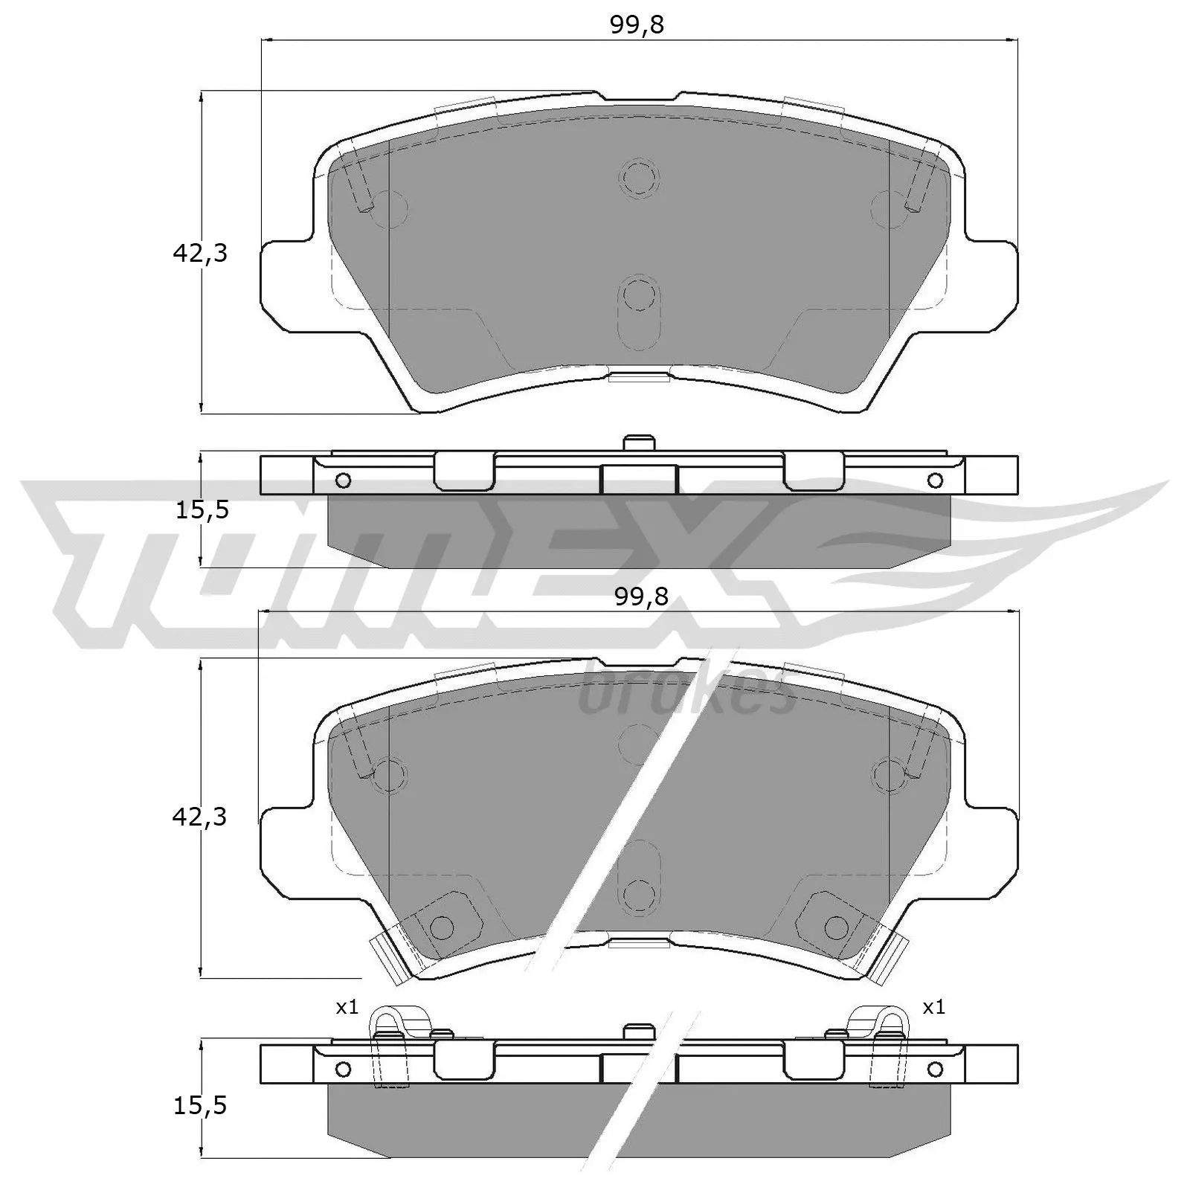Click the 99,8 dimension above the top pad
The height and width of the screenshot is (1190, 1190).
coord(637,25)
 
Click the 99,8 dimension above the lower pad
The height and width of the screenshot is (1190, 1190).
coord(642,596)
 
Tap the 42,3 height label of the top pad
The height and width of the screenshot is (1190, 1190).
coord(199,254)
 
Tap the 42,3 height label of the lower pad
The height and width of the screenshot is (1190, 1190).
coord(199,817)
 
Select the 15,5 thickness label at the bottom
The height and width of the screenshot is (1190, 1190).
coord(199,1106)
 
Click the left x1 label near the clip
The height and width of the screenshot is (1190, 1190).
coord(347,1008)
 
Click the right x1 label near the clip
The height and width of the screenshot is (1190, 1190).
coord(933,1008)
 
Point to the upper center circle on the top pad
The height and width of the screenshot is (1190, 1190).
coord(638,177)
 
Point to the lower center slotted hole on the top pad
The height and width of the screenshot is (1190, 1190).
coord(638,296)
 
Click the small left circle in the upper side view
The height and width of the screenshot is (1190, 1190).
coord(343,480)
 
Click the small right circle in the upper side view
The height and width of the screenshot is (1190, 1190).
coord(935,480)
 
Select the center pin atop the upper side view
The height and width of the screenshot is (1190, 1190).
coord(638,443)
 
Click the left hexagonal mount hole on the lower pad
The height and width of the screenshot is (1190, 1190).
coord(442,927)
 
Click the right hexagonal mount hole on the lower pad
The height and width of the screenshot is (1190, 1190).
coord(835,927)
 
